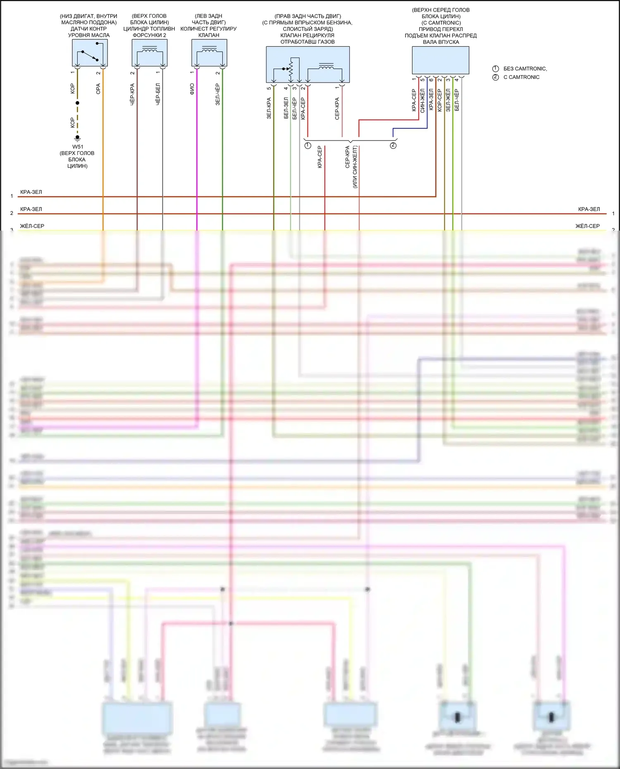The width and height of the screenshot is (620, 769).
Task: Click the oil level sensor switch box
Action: coord(90,53)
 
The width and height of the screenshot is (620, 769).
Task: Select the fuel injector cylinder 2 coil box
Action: coord(149,53)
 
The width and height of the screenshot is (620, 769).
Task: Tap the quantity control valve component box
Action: coord(209,53)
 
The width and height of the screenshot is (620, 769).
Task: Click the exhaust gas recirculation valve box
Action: coord(308,64)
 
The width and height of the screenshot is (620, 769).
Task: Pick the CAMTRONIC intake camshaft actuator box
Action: coord(440,60)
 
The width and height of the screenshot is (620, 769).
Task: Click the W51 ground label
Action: coord(78,147)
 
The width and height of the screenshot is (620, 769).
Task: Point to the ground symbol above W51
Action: coord(77,138)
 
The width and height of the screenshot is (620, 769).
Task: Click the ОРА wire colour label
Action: coord(98,89)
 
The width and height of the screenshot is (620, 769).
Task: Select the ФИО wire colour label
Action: coord(192,89)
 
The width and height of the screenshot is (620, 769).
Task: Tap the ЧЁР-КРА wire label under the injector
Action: coord(132,94)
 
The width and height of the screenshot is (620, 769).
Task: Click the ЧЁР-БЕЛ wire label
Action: coord(158,94)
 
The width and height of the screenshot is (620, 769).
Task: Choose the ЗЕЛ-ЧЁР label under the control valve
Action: coord(217,94)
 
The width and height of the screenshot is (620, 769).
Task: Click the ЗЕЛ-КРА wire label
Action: coord(269,108)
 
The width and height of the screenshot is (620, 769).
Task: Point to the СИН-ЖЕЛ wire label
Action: coord(422,101)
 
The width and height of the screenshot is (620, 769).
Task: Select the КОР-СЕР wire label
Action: coord(439,100)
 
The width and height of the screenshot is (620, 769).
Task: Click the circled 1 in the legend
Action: coord(496,69)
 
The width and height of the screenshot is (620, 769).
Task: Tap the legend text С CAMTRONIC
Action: coord(521,77)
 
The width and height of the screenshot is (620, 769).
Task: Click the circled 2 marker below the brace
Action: coord(393,145)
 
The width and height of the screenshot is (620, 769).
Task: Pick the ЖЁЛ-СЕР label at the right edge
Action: coord(587,226)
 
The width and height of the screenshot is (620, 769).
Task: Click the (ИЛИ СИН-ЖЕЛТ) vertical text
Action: coord(355,167)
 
